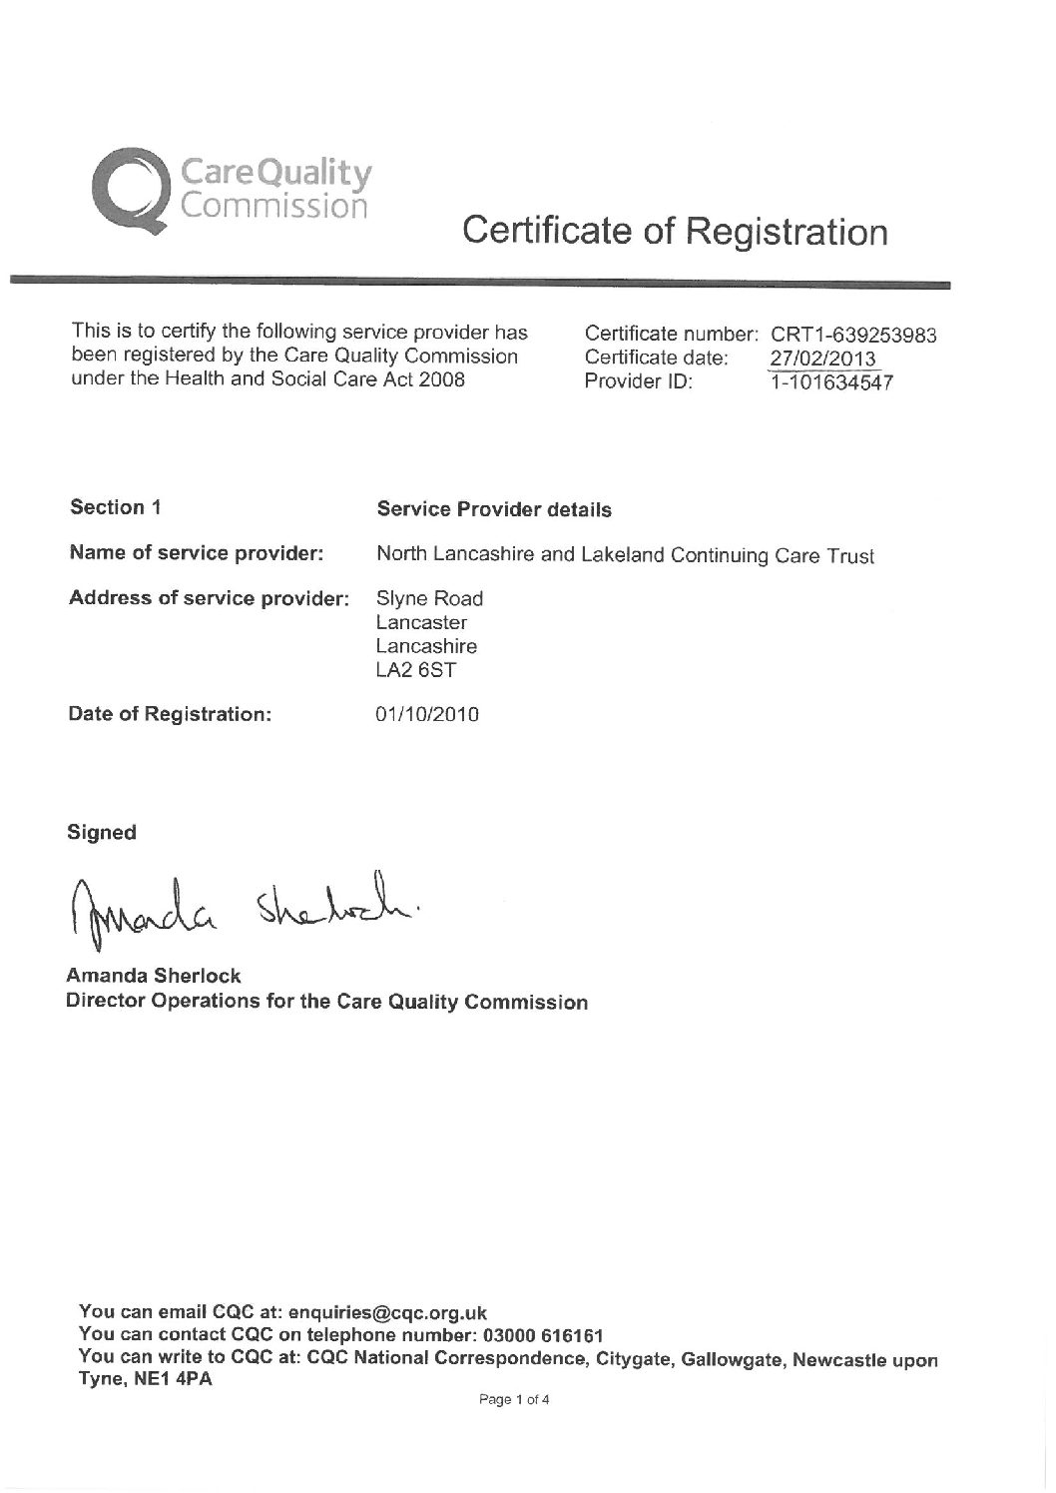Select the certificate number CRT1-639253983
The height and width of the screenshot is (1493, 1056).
(853, 336)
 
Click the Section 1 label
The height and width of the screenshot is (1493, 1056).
(116, 507)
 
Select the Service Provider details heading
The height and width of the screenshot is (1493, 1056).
(494, 509)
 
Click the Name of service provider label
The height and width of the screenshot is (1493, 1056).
(196, 553)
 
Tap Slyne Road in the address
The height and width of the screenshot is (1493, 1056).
(429, 599)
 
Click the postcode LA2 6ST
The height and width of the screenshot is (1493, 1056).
(415, 669)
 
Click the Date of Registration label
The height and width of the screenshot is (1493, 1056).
(170, 715)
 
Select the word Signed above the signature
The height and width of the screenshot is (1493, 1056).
(101, 832)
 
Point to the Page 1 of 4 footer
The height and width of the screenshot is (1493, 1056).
(514, 1400)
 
